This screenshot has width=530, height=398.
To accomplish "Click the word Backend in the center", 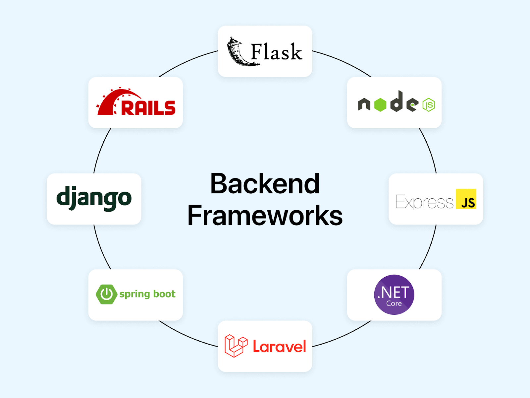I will click(265, 184).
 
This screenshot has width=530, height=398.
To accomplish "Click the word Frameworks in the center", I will click(265, 216).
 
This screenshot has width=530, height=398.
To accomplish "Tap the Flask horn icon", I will click(237, 52).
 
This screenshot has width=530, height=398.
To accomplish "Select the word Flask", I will click(276, 52).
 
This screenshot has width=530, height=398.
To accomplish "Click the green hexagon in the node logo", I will click(380, 105).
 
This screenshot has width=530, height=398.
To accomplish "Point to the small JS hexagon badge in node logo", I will click(429, 105).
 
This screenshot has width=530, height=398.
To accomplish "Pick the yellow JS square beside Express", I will click(466, 199).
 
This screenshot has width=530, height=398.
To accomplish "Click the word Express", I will click(424, 202).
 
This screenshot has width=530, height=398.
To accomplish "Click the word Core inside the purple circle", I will click(394, 303).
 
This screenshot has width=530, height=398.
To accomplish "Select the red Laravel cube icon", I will click(236, 346).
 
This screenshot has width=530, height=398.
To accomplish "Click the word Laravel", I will click(279, 347).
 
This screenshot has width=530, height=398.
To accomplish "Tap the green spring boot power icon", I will click(106, 294).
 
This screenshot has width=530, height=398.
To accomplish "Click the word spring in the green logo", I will click(135, 295).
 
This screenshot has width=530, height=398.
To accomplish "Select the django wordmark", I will click(94, 198).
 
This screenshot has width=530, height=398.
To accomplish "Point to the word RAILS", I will click(148, 108).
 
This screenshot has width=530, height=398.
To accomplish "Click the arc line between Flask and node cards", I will click(343, 62).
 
